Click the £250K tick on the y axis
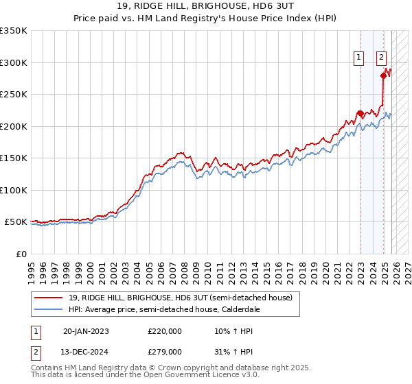(14, 94)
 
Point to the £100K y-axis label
(14, 190)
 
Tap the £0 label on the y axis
(21, 254)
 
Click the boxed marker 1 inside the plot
(358, 58)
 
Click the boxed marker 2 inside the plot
(381, 58)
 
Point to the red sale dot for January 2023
(360, 113)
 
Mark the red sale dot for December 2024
(382, 75)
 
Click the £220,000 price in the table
(165, 331)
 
